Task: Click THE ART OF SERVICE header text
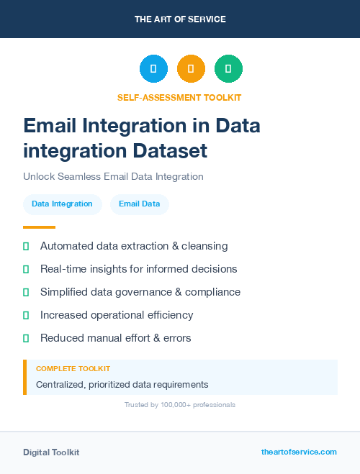click(180, 19)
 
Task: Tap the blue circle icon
click(153, 68)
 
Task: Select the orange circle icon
click(191, 68)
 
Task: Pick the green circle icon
click(228, 68)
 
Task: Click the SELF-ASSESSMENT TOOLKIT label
click(179, 97)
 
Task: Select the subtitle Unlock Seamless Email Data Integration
click(113, 176)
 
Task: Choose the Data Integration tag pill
click(62, 204)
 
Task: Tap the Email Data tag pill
click(139, 204)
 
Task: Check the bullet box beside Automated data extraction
click(26, 246)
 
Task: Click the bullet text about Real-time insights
click(138, 269)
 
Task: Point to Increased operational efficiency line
click(117, 315)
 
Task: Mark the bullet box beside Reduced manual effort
click(26, 338)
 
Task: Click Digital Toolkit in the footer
click(51, 452)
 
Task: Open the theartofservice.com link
click(299, 452)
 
